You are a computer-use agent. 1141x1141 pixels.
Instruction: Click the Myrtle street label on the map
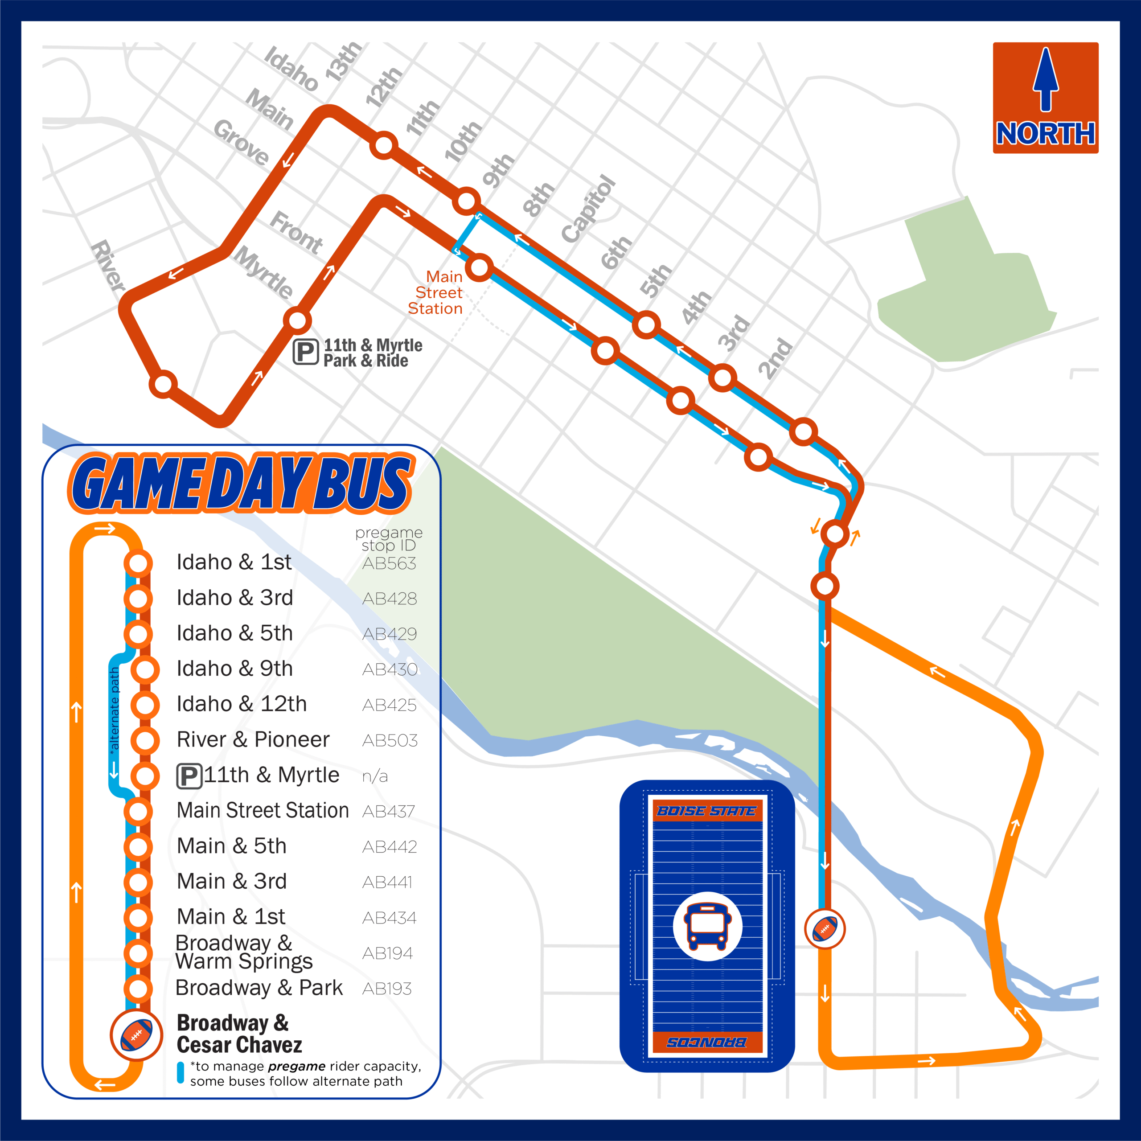tap(264, 272)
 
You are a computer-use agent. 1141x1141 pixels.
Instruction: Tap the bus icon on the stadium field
tap(707, 926)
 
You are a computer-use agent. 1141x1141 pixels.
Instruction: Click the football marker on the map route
tap(825, 929)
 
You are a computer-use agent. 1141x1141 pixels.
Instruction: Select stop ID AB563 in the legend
tap(389, 563)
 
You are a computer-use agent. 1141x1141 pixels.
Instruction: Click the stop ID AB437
tap(389, 812)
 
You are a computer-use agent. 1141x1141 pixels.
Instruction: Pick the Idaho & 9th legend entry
tap(234, 669)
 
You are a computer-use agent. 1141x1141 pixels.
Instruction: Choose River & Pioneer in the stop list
tap(253, 739)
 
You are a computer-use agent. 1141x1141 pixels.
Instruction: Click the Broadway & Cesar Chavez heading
tap(239, 1034)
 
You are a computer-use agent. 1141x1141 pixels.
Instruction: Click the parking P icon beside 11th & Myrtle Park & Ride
tap(306, 352)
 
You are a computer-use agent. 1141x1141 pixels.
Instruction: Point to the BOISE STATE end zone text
tap(706, 811)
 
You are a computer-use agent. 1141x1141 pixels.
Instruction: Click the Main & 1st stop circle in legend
tap(138, 918)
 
